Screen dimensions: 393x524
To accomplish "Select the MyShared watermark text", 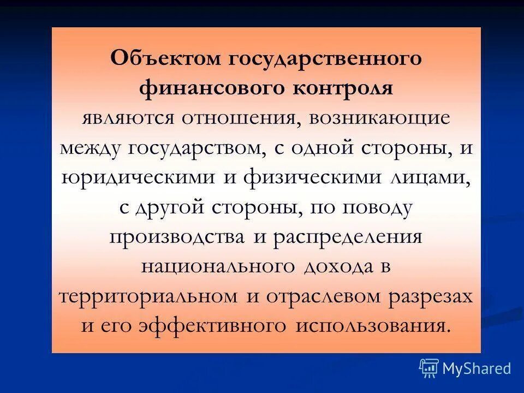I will coord(476,368).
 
